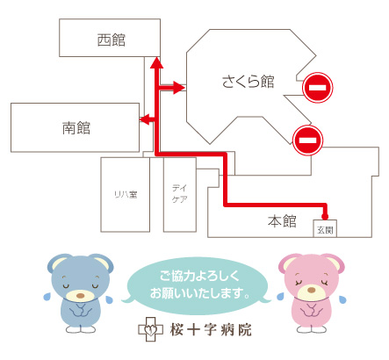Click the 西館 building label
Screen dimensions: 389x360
click(112, 40)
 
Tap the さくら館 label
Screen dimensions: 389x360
click(249, 82)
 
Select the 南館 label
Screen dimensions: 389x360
click(76, 127)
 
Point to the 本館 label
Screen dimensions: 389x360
click(282, 221)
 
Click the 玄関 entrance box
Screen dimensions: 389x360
click(325, 228)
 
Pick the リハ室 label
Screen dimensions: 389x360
click(126, 194)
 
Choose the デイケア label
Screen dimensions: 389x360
click(179, 193)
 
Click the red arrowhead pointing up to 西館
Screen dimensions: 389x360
click(156, 62)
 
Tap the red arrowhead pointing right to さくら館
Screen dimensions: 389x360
click(179, 87)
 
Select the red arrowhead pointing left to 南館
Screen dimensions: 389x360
click(145, 119)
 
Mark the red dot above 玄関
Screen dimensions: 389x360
click(325, 217)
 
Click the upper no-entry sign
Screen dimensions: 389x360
click(318, 87)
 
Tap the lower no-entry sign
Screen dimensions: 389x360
click(308, 140)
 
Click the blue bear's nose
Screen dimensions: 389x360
click(80, 296)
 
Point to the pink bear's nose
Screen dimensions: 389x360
click(311, 290)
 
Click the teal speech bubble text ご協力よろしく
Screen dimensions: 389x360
click(199, 276)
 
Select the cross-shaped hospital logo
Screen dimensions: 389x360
click(150, 329)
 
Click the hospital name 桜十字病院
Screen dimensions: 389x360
click(211, 330)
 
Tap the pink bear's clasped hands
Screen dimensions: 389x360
click(312, 309)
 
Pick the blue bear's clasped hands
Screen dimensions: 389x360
click(80, 310)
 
